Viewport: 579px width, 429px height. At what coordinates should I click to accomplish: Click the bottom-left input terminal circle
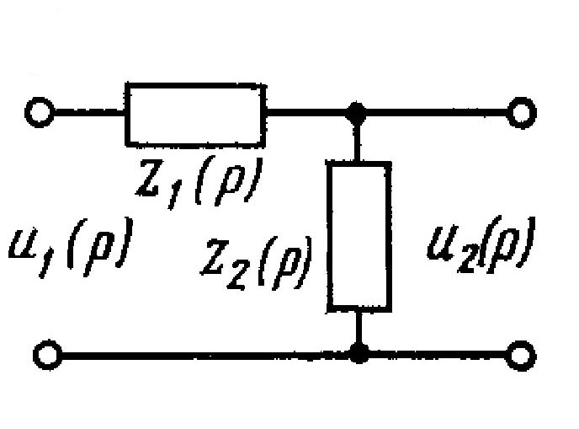(40, 354)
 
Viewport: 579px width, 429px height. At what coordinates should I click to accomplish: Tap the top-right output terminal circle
(522, 111)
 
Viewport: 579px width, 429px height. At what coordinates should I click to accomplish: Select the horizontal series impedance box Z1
(194, 112)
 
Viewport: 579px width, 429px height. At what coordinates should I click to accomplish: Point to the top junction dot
(359, 111)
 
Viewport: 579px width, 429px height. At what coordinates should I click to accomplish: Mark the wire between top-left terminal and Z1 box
(88, 112)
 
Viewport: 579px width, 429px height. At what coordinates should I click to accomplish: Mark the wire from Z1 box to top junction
(307, 111)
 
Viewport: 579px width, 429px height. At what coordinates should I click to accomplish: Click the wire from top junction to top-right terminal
(438, 111)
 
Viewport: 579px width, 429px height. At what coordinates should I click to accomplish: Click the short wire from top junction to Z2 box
(359, 139)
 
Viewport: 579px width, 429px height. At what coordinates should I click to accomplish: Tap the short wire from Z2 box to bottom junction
(360, 330)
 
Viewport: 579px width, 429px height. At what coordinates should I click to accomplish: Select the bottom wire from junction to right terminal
(438, 354)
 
